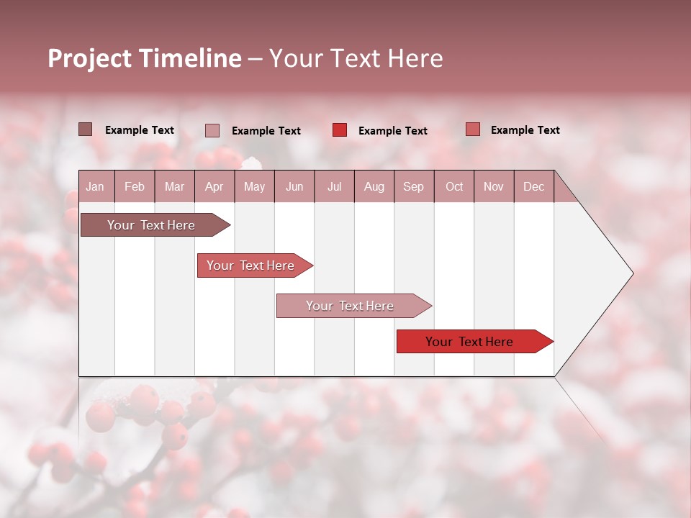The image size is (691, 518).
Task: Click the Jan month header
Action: point(95,186)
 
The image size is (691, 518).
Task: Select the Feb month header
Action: point(135,186)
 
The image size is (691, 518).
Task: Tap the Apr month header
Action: point(214,186)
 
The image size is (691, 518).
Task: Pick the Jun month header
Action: point(294,186)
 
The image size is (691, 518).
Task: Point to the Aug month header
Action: point(374,186)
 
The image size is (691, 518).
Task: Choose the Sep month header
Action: point(413,186)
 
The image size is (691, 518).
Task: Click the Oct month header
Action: point(454,186)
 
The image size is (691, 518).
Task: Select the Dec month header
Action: point(533,186)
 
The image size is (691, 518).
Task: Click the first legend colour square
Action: point(86,129)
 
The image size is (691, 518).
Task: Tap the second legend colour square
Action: point(212,130)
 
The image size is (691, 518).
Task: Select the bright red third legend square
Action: point(340,130)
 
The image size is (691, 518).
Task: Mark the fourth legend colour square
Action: point(473,129)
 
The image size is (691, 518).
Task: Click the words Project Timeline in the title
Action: point(145,58)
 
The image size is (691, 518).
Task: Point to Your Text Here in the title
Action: point(356,58)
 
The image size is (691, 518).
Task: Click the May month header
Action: point(254,186)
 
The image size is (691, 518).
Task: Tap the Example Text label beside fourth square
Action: point(525,130)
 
